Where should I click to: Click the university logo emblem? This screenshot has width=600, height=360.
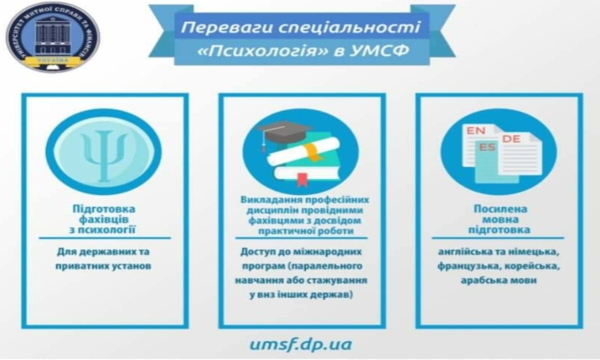(x=53, y=37)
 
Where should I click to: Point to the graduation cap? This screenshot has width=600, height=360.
(x=283, y=133)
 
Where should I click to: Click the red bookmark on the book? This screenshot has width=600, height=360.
(x=303, y=179)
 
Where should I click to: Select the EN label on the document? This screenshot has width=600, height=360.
(x=476, y=131)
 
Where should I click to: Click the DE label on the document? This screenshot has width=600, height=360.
(x=511, y=139)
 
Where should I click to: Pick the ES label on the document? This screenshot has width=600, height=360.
(x=487, y=147)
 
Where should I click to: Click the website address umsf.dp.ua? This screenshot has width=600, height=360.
(x=301, y=344)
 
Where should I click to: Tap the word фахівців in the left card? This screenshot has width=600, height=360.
(x=103, y=219)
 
